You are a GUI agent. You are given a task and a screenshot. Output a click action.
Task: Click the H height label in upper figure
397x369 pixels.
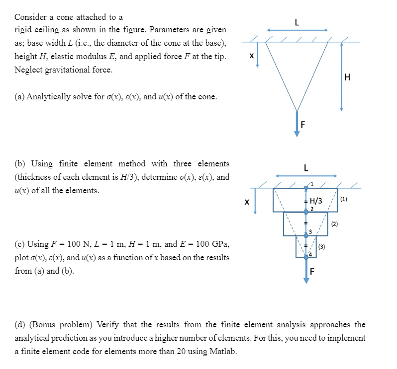pos(347,77)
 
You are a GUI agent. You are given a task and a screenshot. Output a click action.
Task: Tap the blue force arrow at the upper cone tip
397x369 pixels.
pos(297,124)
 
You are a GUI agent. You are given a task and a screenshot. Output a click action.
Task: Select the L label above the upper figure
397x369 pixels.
pos(297,22)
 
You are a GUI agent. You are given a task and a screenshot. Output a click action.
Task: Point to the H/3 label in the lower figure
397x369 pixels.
pos(316,201)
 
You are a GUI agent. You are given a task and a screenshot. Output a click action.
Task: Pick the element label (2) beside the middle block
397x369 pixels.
pos(334,224)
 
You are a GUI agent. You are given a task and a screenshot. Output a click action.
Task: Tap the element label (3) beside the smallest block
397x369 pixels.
pos(321,246)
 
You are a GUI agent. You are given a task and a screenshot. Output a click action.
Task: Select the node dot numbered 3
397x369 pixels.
pos(306,235)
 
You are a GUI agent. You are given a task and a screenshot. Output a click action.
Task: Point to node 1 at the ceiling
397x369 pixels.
pos(306,188)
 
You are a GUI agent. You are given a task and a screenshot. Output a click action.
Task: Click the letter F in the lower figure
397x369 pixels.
pos(312,272)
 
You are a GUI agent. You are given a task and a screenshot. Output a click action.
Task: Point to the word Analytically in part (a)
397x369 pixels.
pos(49,96)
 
